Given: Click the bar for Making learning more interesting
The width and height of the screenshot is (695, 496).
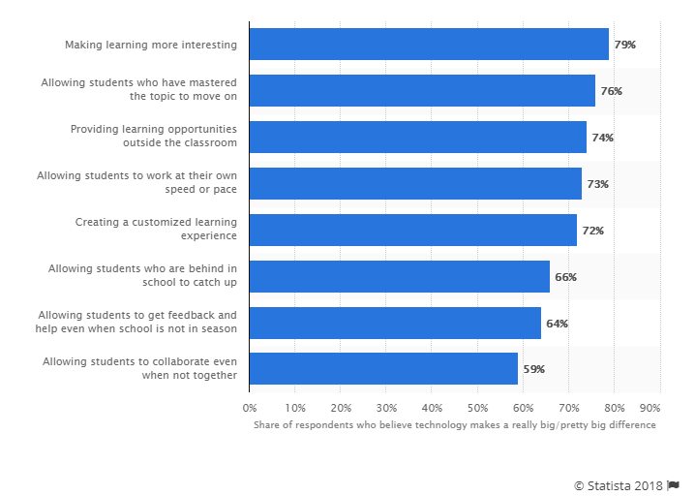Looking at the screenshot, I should point(429,45).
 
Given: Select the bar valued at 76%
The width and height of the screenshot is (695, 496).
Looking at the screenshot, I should point(422,91).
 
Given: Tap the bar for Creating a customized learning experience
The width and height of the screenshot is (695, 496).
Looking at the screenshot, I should point(412,231).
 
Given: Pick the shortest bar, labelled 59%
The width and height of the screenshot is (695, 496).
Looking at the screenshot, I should point(383,369).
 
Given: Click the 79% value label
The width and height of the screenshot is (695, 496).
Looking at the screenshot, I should point(624,45).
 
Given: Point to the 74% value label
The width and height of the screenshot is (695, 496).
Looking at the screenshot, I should point(602,138).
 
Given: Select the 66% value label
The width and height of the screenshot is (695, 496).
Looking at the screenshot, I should point(565,277).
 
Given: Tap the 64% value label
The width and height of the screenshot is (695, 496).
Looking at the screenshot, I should point(557,324).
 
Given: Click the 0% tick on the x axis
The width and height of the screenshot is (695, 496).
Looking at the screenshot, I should point(250,408).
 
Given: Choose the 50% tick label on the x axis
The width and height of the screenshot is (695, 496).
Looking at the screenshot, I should point(477,408).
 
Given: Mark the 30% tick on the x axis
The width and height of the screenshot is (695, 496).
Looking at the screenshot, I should point(386,408).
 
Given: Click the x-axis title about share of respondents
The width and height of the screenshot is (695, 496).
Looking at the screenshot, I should point(455,425).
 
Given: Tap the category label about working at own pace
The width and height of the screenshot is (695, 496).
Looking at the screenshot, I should point(136,184).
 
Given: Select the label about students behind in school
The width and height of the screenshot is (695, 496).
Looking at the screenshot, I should point(143,277).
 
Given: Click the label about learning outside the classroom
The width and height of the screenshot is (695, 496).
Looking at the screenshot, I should point(154,138).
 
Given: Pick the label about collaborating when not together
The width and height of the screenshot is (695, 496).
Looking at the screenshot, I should point(140,369).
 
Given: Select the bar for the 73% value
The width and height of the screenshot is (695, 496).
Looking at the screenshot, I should point(415,184).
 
